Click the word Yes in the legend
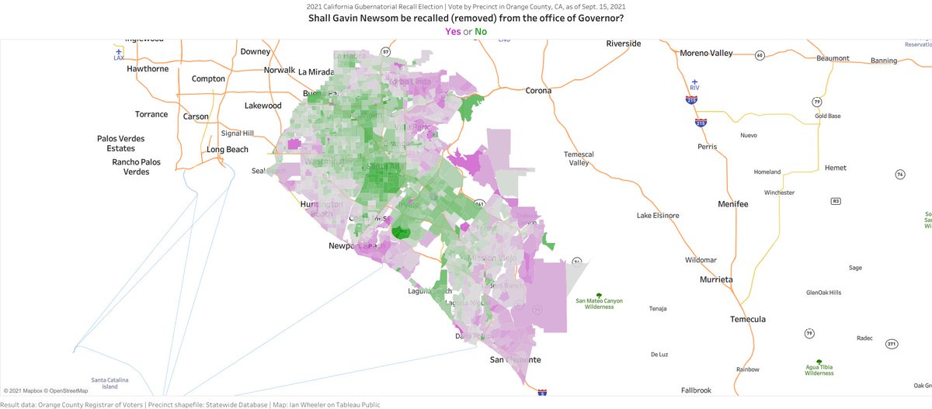pos(451,32)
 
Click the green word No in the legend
pos(481,32)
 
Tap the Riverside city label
pos(624,43)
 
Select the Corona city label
pos(538,91)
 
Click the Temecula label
pos(747,319)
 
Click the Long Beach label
pos(227,149)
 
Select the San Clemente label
pos(515,360)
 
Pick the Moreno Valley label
pos(706,53)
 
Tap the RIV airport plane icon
pos(694,81)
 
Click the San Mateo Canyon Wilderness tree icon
pos(599,295)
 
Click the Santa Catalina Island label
pos(110,383)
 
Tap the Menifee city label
pos(732,204)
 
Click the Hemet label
pos(835,168)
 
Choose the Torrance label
pos(151,114)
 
